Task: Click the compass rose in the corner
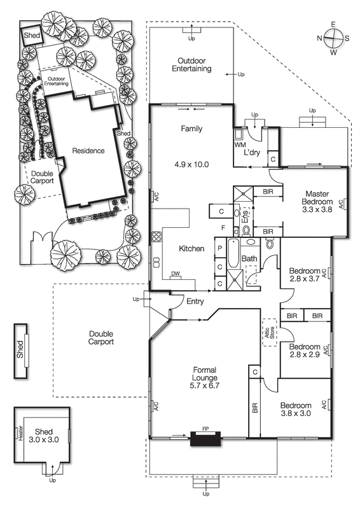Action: click(x=333, y=38)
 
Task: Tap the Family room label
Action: click(x=191, y=129)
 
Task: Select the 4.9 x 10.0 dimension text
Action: click(x=191, y=164)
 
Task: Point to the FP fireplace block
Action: click(x=204, y=438)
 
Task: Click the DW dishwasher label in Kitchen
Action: click(x=176, y=274)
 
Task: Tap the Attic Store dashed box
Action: click(x=268, y=331)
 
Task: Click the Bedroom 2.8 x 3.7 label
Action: click(x=303, y=273)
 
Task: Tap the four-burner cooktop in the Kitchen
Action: click(x=156, y=239)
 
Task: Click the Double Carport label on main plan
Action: click(x=101, y=337)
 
